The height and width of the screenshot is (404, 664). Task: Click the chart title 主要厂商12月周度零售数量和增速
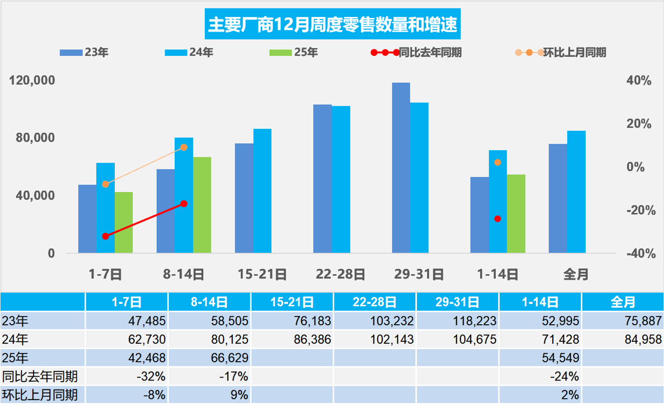click(332, 24)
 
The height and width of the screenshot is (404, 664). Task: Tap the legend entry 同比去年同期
click(430, 52)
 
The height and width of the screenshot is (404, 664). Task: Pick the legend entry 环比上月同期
click(575, 52)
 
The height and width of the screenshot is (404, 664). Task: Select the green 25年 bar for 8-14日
click(202, 205)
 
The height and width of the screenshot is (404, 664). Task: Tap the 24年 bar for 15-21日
click(262, 191)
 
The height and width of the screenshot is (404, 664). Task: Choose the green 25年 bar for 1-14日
click(516, 213)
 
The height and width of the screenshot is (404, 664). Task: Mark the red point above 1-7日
click(105, 236)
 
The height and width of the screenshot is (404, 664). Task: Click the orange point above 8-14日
click(184, 147)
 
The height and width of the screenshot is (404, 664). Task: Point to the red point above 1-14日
click(497, 218)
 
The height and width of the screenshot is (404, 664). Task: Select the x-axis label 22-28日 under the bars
click(340, 274)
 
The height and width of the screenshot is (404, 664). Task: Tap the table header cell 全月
click(623, 302)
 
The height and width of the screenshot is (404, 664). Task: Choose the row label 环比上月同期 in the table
click(40, 395)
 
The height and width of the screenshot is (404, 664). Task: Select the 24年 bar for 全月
click(576, 192)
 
